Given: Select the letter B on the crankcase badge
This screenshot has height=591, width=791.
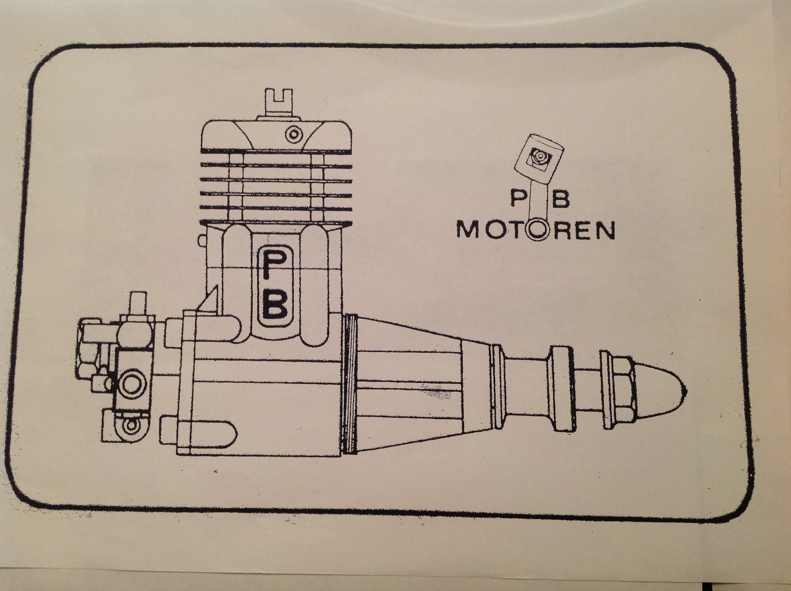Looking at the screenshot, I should click(274, 306).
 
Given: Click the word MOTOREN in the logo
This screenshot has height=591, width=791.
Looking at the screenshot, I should click(535, 230).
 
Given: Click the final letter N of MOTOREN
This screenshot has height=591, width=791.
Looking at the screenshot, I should click(604, 230).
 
